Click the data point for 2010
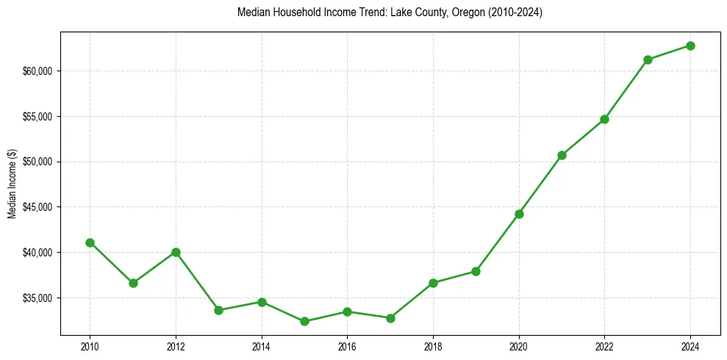[x=90, y=242]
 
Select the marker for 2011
[x=133, y=283]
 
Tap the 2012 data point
[x=176, y=252]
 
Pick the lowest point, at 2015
[x=304, y=321]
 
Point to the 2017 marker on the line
[x=390, y=318]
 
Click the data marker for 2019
[x=476, y=271]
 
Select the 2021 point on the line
[x=562, y=155]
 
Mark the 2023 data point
[x=648, y=60]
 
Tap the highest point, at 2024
[x=690, y=46]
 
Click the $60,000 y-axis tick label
[x=37, y=71]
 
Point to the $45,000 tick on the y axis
[x=37, y=207]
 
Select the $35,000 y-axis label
[x=37, y=298]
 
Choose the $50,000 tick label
[x=37, y=162]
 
